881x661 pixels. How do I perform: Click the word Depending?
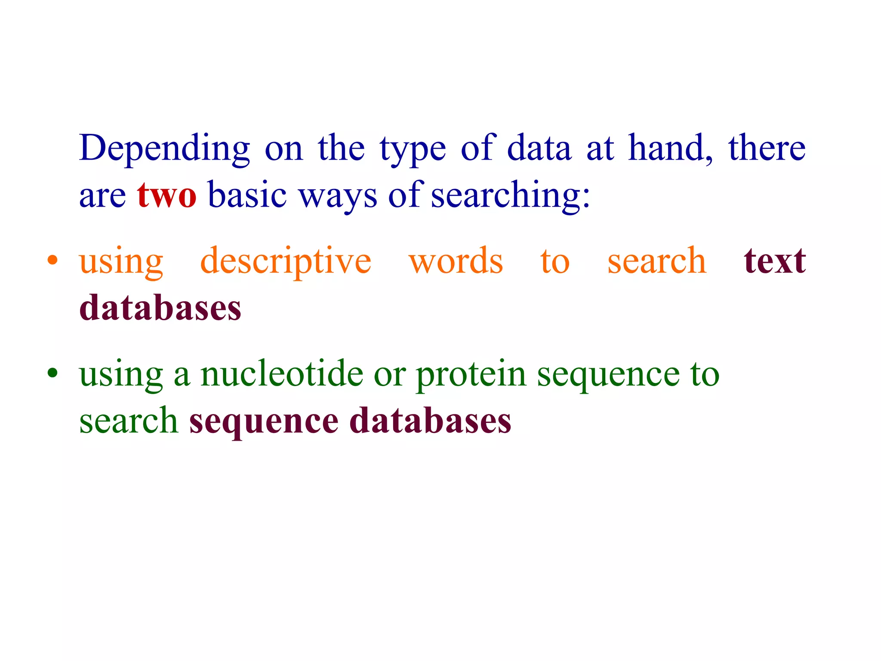point(164,148)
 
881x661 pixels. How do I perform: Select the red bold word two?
point(167,195)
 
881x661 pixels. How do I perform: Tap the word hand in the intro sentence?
point(669,148)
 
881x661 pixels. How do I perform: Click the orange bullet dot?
point(52,260)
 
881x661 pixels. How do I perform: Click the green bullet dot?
point(52,373)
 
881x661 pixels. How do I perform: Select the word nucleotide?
point(282,374)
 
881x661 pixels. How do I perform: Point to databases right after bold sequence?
point(431,421)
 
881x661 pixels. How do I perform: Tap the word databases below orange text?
point(160,308)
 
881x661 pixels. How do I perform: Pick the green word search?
point(128,421)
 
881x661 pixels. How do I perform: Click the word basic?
point(247,195)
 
